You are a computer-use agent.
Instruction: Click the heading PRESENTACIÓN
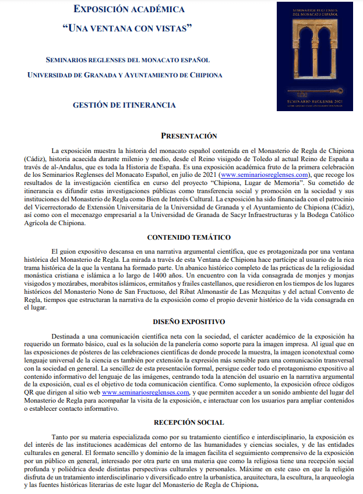(x=189, y=136)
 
